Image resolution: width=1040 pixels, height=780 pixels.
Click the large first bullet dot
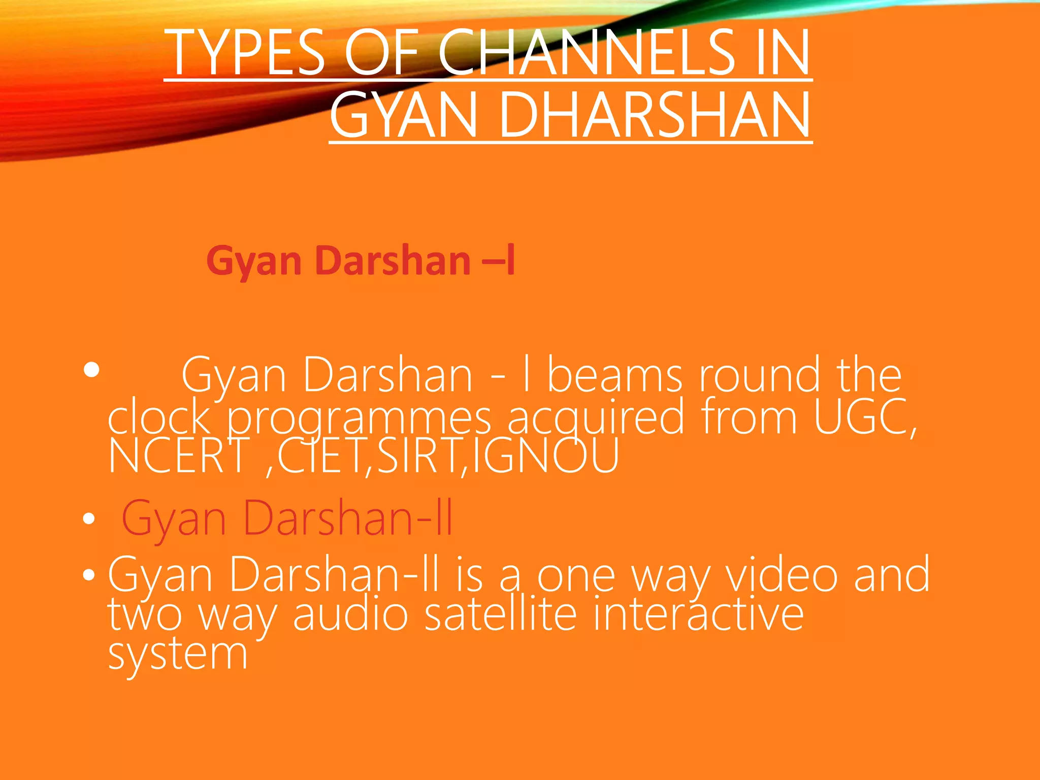pyautogui.click(x=92, y=370)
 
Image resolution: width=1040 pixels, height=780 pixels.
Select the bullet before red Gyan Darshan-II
pyautogui.click(x=89, y=519)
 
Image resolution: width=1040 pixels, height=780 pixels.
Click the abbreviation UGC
pyautogui.click(x=863, y=417)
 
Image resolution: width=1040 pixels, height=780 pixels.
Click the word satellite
pyautogui.click(x=500, y=614)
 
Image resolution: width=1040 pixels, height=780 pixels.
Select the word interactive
pyautogui.click(x=698, y=614)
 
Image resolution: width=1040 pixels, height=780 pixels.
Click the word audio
pyautogui.click(x=350, y=614)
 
